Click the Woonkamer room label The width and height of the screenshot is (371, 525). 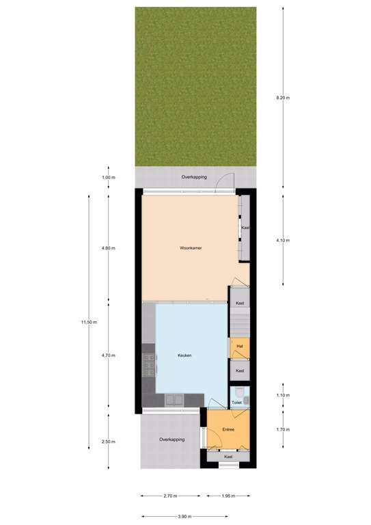(x=191, y=248)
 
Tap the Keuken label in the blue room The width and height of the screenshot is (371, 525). (x=184, y=355)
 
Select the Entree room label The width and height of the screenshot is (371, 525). (x=228, y=429)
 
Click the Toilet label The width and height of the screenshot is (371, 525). (x=236, y=403)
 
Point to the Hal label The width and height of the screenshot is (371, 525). (x=240, y=346)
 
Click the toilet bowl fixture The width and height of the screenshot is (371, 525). (x=240, y=392)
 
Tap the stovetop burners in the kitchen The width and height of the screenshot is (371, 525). (x=149, y=364)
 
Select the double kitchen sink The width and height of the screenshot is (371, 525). (x=174, y=400)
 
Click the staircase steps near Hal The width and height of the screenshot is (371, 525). (x=240, y=323)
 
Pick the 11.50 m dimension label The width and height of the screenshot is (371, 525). (x=89, y=323)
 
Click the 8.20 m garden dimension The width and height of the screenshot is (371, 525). (x=283, y=98)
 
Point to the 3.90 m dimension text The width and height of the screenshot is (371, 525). (x=184, y=516)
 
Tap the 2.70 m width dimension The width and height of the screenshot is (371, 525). (x=170, y=496)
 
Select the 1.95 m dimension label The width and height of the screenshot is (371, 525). (x=228, y=496)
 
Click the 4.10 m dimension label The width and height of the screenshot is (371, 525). (x=283, y=241)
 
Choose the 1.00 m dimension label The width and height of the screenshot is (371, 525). (x=109, y=178)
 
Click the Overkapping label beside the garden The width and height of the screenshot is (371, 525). (x=194, y=177)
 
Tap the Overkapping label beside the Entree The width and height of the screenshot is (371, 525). (x=172, y=440)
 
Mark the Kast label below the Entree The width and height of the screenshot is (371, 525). (x=228, y=457)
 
